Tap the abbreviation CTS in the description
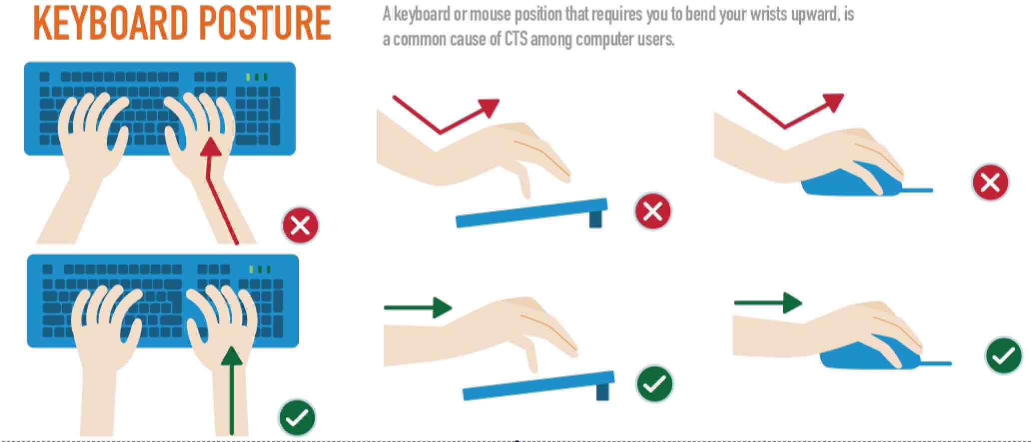pos(516,39)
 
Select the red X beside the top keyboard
pos(300,225)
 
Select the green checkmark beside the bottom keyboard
pos(297,418)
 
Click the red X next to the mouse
pos(990,182)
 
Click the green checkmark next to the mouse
pos(1004,356)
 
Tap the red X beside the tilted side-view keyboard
pos(653,211)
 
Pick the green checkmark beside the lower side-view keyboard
pos(654,384)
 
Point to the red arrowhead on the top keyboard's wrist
pos(212,146)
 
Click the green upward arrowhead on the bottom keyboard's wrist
pos(231,356)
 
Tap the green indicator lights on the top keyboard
pos(257,77)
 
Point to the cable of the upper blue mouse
pos(917,190)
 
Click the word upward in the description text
pos(808,14)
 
